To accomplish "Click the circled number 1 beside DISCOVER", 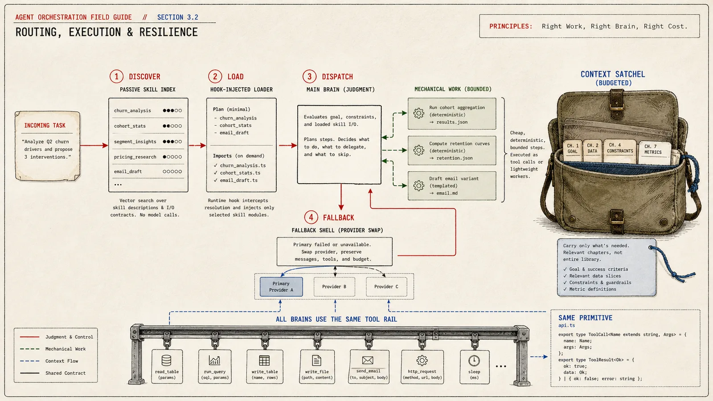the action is tap(116, 77).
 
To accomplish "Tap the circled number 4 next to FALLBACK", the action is tap(311, 218).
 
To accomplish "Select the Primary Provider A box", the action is tap(281, 287).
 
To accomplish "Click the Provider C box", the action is tap(386, 287).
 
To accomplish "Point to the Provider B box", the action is tap(334, 287).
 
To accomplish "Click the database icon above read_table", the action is tap(167, 360).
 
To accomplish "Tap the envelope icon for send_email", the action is tap(368, 360).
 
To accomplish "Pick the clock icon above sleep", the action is tap(474, 360).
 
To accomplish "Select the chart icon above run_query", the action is tap(214, 360).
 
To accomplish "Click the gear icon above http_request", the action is tap(422, 360).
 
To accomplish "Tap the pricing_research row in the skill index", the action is tap(148, 157).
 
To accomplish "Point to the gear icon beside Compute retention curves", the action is tap(418, 150).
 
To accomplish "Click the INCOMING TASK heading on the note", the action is tap(45, 125).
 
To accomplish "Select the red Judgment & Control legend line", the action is tap(29, 337).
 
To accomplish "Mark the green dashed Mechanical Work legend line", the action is tap(29, 349).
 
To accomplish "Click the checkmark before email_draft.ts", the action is tap(216, 180).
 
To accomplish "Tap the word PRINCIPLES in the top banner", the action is tap(511, 26).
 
